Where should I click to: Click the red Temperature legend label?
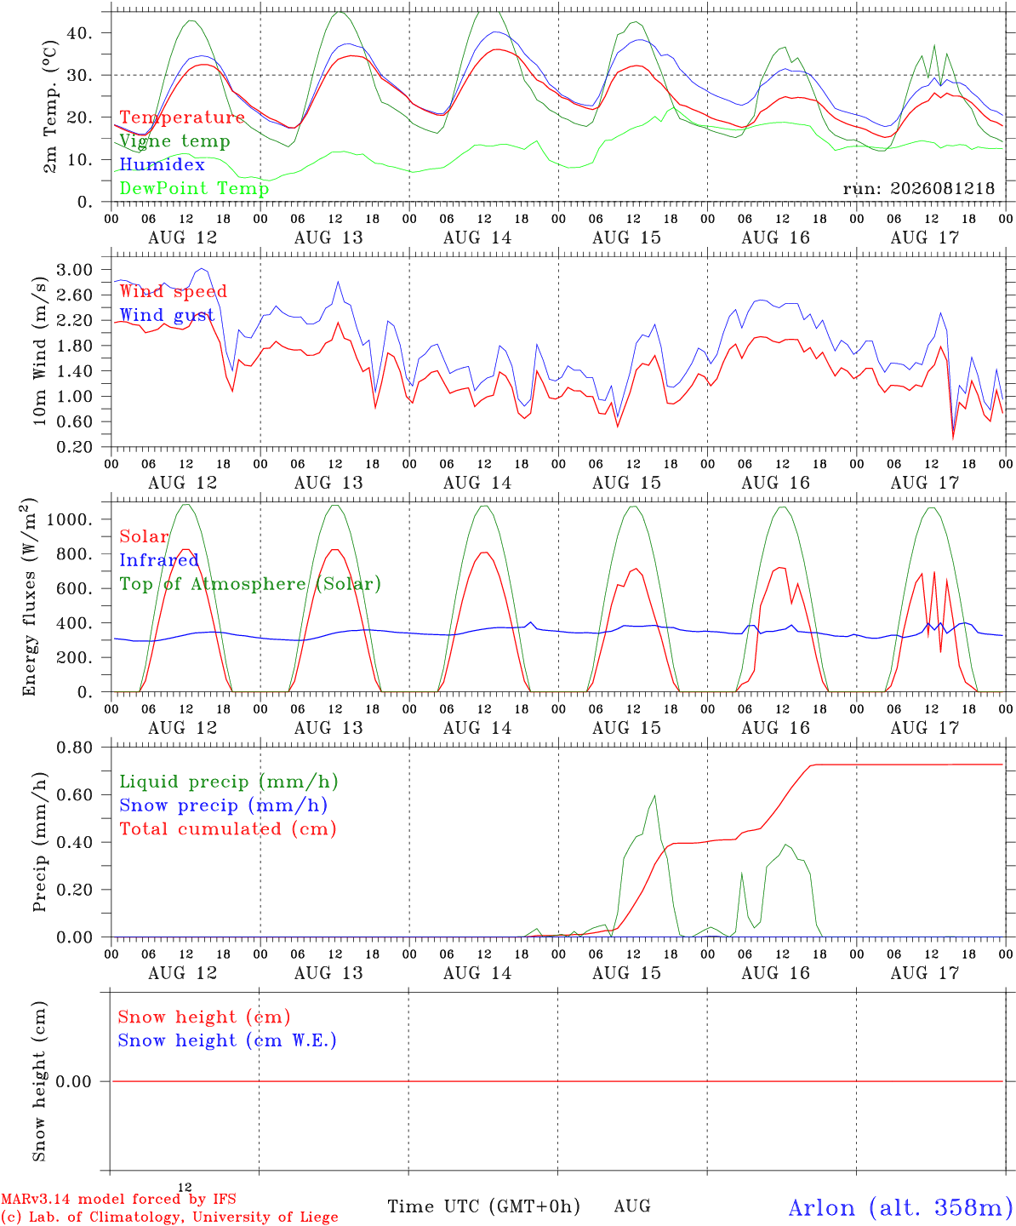click(182, 117)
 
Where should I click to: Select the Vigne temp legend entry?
click(174, 141)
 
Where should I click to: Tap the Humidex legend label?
click(162, 164)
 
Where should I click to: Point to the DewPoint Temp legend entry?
click(194, 188)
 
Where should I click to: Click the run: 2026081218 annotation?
click(918, 188)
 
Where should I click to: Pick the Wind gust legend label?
click(167, 315)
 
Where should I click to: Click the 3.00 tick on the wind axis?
click(74, 270)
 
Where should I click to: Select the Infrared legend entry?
click(158, 560)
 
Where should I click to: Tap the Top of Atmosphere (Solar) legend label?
click(250, 584)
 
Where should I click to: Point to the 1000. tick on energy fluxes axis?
click(70, 519)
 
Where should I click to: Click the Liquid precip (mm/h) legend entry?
click(229, 782)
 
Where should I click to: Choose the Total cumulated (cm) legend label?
click(228, 828)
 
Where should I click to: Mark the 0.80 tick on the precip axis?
click(74, 748)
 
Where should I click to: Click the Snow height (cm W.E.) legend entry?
click(227, 1040)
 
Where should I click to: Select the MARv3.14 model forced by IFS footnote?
click(118, 1199)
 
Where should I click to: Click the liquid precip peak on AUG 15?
click(654, 795)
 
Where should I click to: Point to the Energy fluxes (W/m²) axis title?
click(29, 597)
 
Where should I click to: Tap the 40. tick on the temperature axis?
click(80, 33)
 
